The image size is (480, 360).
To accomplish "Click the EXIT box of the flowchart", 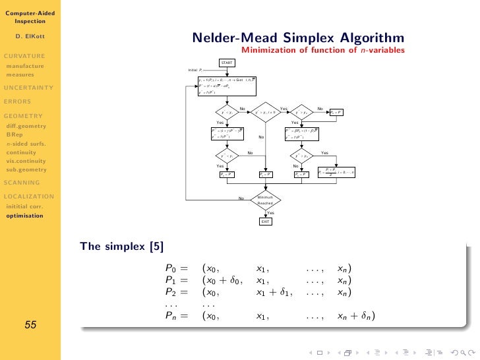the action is coord(265,222).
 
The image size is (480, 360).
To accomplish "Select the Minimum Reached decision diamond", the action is coord(265,200).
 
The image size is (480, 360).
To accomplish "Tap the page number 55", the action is coord(30,324).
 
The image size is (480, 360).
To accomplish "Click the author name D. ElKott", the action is coord(30,36).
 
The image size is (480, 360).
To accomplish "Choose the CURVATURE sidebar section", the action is coord(24,56).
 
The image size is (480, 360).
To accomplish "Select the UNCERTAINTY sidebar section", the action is coord(28,87).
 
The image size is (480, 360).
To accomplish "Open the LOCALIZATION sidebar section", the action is coord(30,196).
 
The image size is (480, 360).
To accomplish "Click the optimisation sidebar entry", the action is coord(26,215).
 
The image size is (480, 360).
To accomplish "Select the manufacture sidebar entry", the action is coord(25,66).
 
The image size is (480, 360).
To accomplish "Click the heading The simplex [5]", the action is coord(122,247).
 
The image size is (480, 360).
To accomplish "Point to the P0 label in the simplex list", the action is coord(171,268).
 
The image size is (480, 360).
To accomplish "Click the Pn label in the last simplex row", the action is coord(171,316).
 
